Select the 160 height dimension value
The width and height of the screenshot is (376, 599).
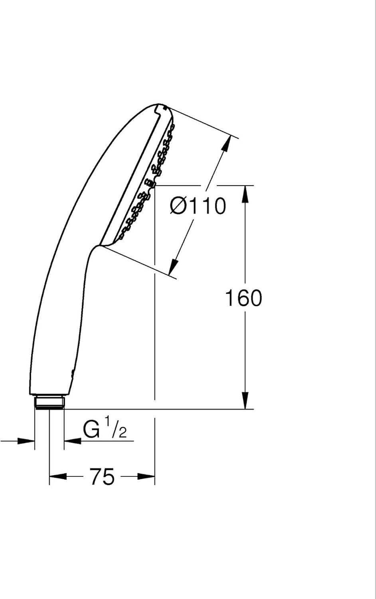[x=243, y=298]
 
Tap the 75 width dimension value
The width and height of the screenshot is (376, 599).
[x=102, y=476]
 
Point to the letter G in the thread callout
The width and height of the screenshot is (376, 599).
[x=91, y=429]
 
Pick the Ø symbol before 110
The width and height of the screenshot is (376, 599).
[x=178, y=206]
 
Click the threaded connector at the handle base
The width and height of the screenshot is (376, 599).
[x=49, y=403]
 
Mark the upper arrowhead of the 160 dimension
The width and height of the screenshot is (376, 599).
[x=245, y=194]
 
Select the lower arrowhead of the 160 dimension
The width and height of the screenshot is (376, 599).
[x=245, y=400]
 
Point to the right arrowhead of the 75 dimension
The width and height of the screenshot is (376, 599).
[x=146, y=476]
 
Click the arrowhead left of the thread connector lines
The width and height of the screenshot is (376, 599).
[x=26, y=441]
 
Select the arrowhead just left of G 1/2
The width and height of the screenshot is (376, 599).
[x=73, y=441]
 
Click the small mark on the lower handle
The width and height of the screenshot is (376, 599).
[x=72, y=374]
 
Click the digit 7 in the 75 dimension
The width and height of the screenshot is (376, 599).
[x=96, y=476]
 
